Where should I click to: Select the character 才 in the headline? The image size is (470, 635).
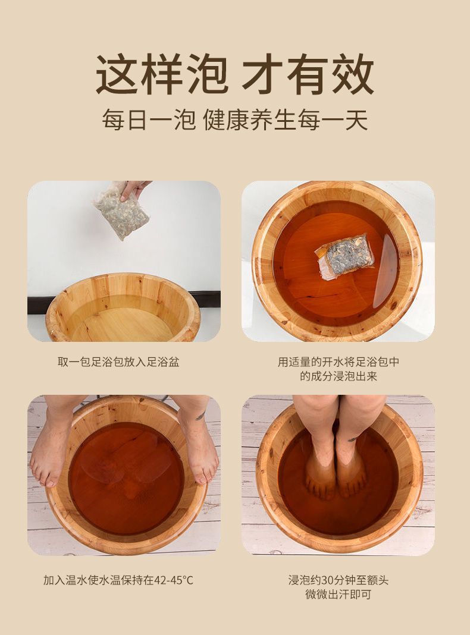click(262, 74)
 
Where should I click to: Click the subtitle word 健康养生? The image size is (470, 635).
click(250, 120)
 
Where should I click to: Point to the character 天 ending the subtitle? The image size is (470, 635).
click(356, 120)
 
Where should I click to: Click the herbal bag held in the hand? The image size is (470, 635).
click(121, 210)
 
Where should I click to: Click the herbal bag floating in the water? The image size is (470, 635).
click(344, 254)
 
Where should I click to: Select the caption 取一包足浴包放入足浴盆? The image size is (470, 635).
click(118, 361)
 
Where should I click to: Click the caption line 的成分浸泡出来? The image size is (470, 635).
click(339, 376)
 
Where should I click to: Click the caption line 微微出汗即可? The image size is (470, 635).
click(339, 595)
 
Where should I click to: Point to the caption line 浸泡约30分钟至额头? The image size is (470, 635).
click(339, 580)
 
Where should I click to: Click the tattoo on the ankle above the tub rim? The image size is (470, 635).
click(200, 416)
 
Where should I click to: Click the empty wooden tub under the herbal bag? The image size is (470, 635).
click(123, 308)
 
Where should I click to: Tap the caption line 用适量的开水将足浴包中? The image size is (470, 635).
click(339, 361)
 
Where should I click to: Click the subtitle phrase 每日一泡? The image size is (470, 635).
click(149, 120)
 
